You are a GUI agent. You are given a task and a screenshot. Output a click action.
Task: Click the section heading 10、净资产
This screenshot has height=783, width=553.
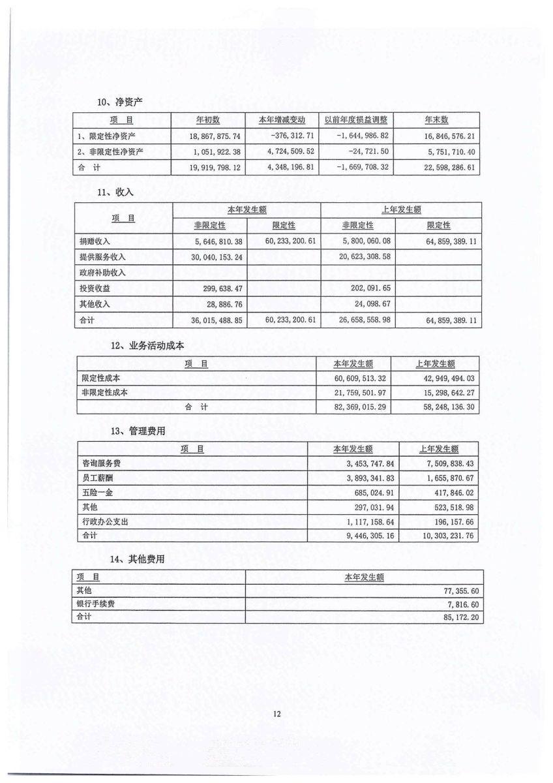point(120,102)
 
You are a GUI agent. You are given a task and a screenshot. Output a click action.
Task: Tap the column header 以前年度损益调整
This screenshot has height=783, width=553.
point(356,119)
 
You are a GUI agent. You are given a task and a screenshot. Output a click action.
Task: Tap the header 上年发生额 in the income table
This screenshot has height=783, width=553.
point(401,209)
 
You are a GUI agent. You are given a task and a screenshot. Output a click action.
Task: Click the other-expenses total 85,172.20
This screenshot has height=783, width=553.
point(462,616)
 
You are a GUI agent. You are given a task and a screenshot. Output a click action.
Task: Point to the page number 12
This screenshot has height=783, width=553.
point(276,714)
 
